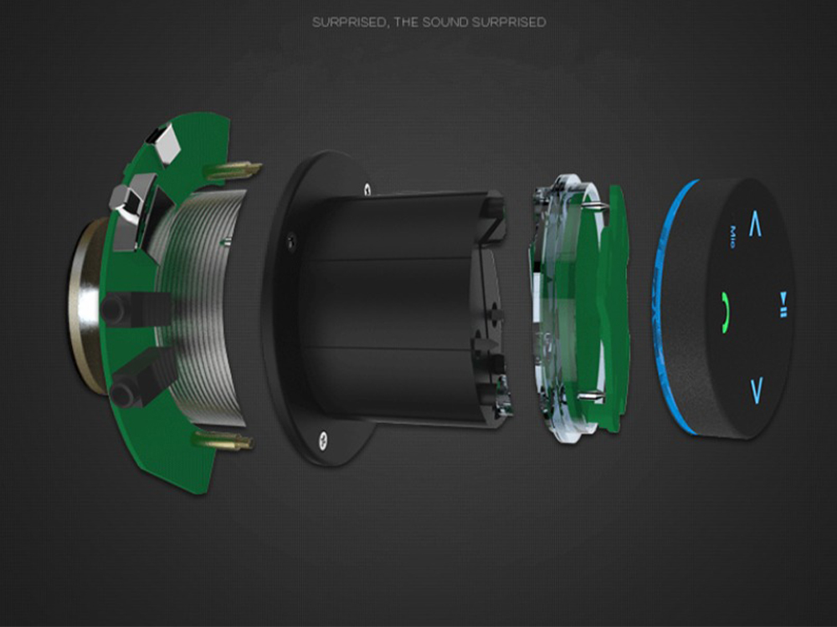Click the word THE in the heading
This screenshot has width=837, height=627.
406,22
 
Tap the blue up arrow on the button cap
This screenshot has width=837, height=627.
755,224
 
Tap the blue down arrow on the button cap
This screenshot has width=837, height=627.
757,390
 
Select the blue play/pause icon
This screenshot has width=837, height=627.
783,304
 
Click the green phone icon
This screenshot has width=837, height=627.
724,313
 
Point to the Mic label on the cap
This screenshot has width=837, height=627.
733,238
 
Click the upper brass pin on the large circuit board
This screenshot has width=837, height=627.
234,170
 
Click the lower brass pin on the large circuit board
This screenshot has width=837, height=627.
223,440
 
